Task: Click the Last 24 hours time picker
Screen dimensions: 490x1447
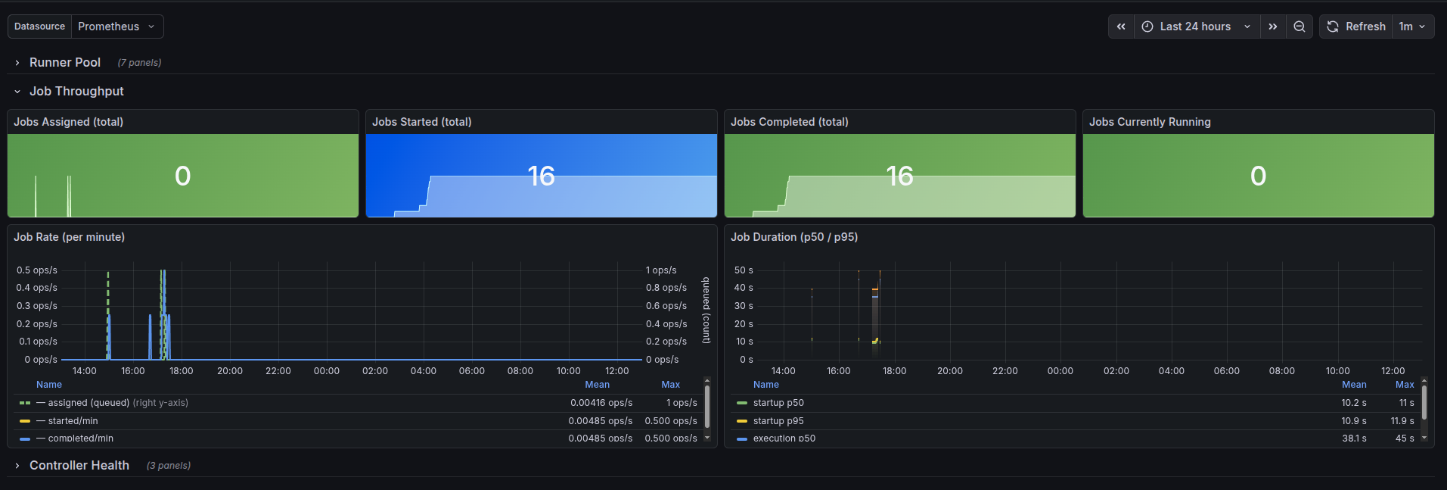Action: click(1196, 27)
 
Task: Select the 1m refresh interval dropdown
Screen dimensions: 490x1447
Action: click(1412, 27)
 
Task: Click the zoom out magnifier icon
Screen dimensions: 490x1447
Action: click(1300, 27)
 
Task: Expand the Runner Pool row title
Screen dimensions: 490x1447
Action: click(65, 63)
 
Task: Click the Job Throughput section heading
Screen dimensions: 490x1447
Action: click(76, 92)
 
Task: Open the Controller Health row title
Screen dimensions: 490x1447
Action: click(79, 466)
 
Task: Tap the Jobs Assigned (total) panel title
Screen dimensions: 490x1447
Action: click(68, 122)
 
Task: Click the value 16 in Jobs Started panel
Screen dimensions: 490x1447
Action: click(541, 176)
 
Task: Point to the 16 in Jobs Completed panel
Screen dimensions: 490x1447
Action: click(899, 176)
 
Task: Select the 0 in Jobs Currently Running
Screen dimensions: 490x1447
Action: click(1258, 176)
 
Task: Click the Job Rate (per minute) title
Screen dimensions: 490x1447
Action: click(69, 237)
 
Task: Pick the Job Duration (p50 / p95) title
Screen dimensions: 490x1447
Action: click(794, 237)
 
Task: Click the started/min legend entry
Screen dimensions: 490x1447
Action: click(73, 421)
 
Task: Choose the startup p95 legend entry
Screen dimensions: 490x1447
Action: click(778, 421)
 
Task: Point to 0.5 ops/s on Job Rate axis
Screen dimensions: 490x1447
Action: click(37, 270)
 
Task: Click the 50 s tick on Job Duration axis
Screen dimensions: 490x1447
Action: click(744, 270)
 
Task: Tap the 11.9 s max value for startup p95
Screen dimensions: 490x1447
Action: click(1402, 421)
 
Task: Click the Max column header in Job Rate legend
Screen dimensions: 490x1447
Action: click(670, 385)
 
